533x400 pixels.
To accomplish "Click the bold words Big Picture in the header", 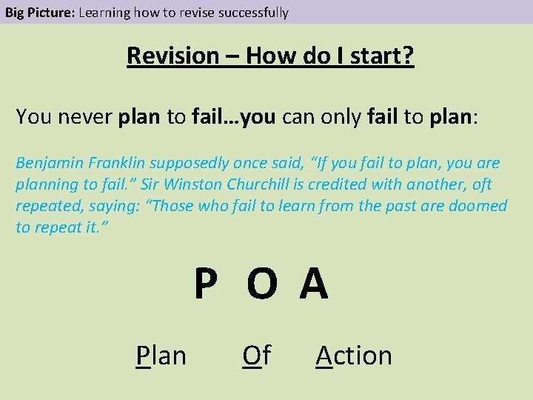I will click(x=39, y=12).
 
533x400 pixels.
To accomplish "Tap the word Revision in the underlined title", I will click(x=172, y=56).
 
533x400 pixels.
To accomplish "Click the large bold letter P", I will click(x=206, y=285).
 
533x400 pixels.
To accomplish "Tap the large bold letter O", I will click(x=262, y=285).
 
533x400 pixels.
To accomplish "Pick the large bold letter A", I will click(x=314, y=285).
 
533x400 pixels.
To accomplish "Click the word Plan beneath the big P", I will click(x=161, y=356).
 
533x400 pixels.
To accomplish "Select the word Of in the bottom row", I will click(x=257, y=356).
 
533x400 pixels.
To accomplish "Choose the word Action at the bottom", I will click(x=354, y=356).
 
